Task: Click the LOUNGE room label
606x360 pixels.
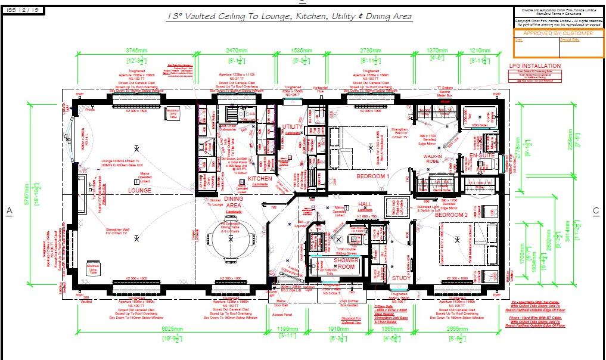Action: [139, 191]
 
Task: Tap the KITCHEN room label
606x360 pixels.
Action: [260, 178]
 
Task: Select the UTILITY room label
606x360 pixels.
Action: [293, 127]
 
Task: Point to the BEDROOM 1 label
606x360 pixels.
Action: [373, 177]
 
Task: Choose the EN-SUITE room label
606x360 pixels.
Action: [483, 156]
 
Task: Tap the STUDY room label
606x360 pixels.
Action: [401, 278]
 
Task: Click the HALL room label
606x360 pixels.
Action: [365, 204]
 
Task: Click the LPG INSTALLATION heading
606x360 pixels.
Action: [534, 66]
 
